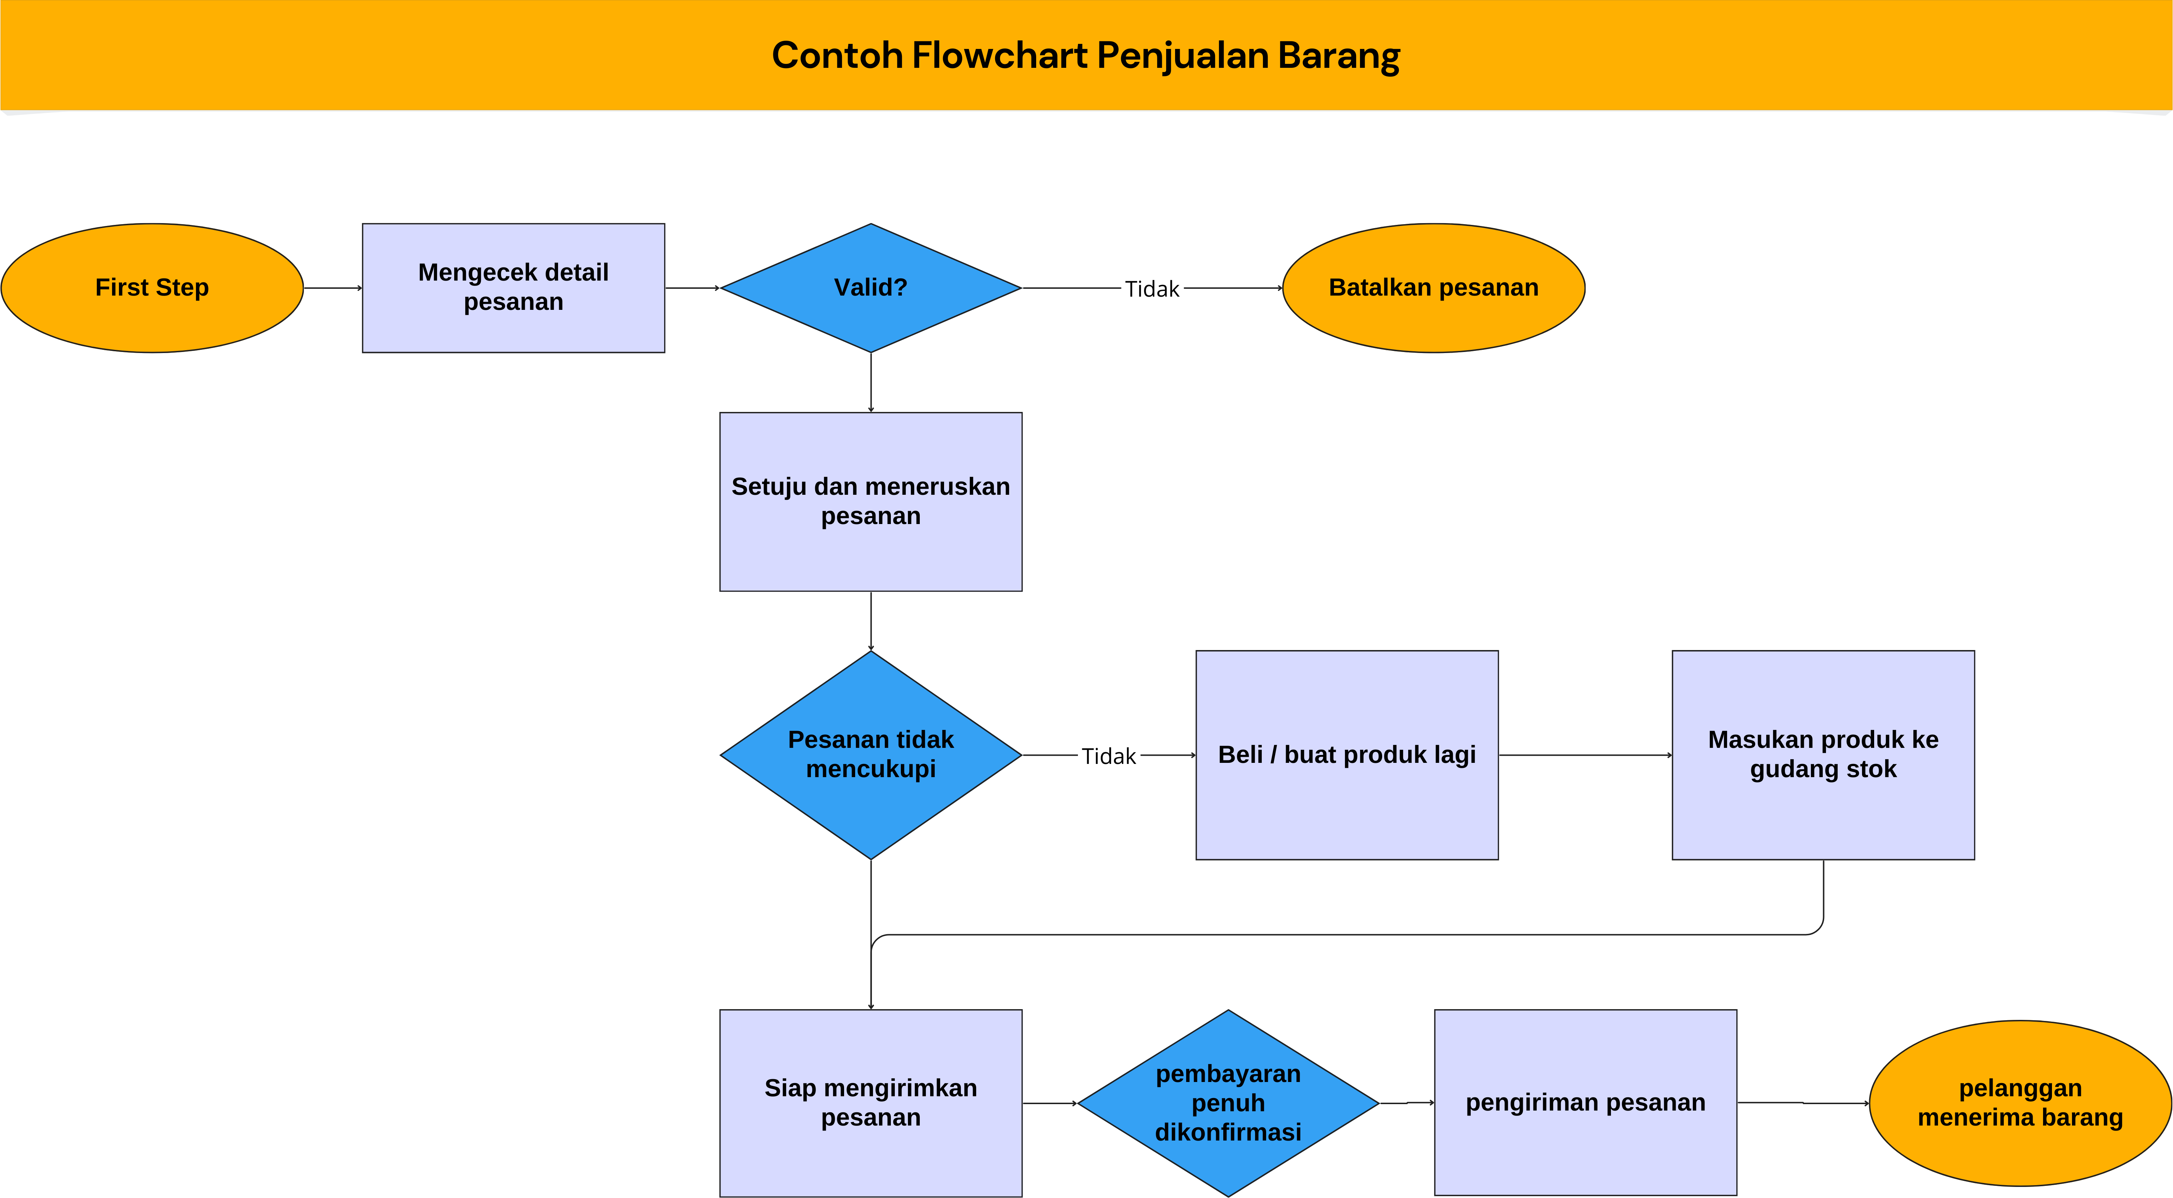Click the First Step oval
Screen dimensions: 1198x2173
point(152,288)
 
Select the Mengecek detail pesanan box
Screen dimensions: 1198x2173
point(513,288)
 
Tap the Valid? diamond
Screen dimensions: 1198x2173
point(870,288)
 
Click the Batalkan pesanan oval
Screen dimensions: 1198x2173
point(1433,288)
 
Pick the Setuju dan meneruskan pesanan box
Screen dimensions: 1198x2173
point(870,501)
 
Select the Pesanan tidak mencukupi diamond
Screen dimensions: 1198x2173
point(870,754)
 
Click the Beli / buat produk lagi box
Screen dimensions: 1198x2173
point(1346,754)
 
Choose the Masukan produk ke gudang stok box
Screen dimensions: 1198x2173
point(1823,754)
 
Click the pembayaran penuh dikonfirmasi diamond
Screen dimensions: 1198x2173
point(1228,1103)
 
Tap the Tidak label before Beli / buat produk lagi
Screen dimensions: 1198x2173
point(1108,756)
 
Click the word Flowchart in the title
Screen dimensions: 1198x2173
point(1000,56)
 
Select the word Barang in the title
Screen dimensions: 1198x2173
point(1339,56)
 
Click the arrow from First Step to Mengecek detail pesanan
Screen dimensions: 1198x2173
point(332,288)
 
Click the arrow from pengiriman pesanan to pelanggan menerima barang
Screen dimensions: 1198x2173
point(1803,1103)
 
